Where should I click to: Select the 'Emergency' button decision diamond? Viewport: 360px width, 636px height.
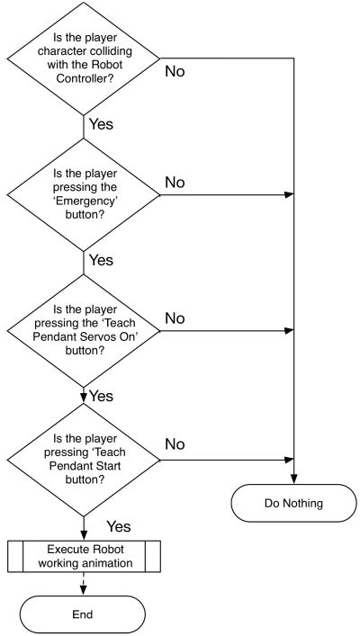coord(83,194)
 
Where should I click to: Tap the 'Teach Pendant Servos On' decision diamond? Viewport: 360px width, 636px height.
coord(83,328)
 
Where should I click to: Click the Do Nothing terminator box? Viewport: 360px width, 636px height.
coord(294,504)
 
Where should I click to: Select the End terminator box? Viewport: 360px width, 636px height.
coord(83,614)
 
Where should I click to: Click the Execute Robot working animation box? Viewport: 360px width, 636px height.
coord(83,555)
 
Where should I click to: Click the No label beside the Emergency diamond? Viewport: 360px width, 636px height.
coord(175,183)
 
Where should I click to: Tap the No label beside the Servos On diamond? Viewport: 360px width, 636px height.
coord(175,318)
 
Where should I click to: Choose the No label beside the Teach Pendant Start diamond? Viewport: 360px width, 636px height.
coord(175,444)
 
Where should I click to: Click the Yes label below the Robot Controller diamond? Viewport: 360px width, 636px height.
coord(100,124)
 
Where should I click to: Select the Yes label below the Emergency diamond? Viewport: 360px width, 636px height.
coord(100,260)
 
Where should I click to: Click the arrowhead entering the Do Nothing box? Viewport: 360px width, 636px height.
coord(294,482)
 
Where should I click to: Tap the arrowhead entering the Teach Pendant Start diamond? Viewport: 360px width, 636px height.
coord(83,395)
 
